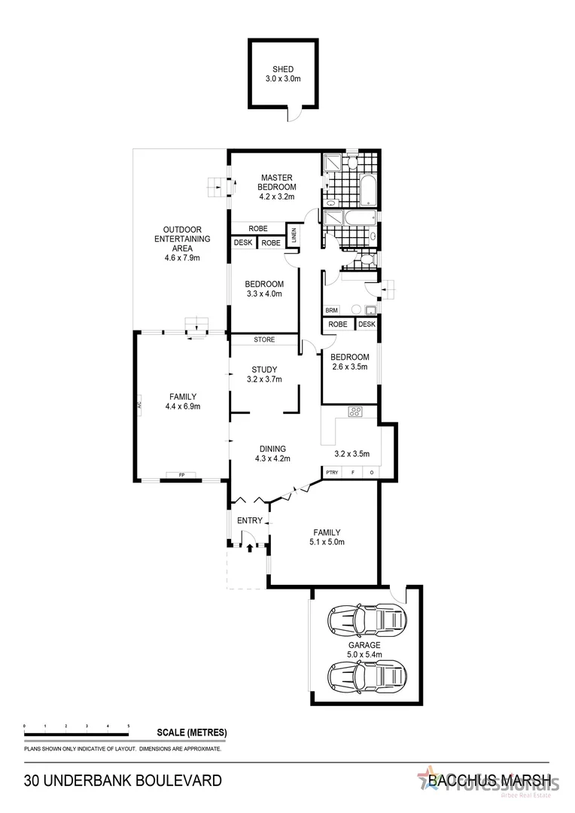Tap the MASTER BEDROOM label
pos(277,182)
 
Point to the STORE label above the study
pos(264,340)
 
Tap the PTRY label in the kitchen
pos(332,472)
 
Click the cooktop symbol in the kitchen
pos(355,412)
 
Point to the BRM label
pos(331,310)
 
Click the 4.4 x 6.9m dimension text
pos(183,406)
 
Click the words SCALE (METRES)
pos(191,732)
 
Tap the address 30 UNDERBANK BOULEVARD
pos(123,781)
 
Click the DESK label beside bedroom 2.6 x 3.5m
pos(367,324)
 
